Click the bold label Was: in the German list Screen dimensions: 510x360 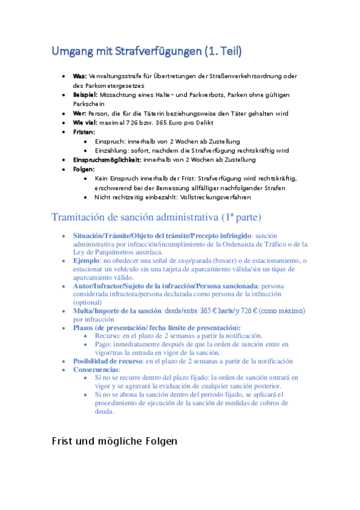click(x=80, y=76)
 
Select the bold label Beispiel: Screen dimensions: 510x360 click(x=85, y=95)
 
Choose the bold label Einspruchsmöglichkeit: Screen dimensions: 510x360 click(x=107, y=160)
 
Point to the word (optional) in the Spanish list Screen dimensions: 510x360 click(x=88, y=303)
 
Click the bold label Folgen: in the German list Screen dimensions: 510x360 click(x=84, y=169)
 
